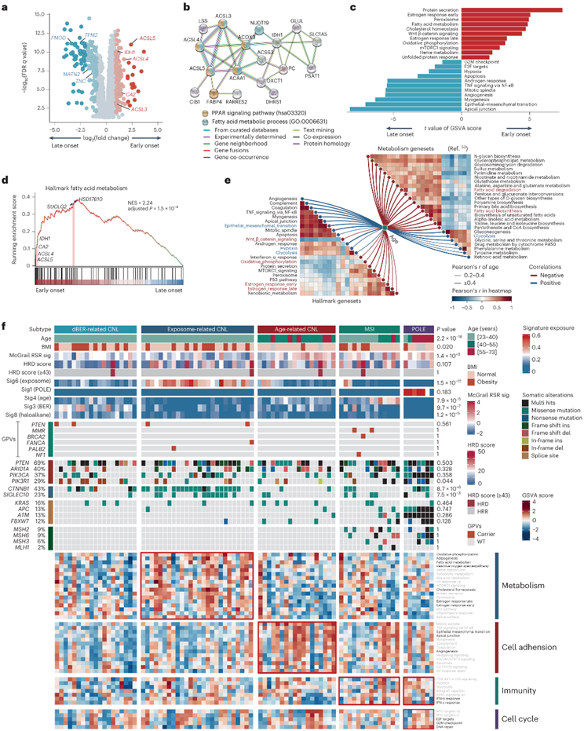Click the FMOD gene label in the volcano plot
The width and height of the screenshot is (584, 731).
tap(57, 38)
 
